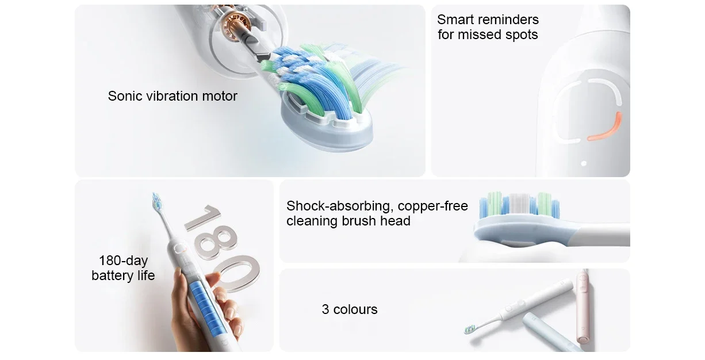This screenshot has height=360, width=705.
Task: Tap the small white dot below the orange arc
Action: point(584,163)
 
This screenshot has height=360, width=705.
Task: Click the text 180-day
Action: point(123,261)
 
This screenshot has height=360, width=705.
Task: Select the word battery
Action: point(111,276)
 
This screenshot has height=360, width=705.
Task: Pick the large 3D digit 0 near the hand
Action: point(237,273)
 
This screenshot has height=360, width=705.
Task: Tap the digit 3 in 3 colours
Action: point(325,310)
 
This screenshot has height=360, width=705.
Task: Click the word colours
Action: point(355,310)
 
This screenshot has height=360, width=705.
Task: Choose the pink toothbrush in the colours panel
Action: point(583,305)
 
